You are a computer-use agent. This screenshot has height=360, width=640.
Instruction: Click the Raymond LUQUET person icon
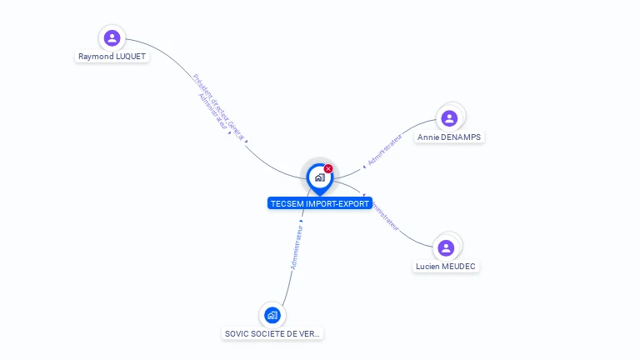tap(112, 37)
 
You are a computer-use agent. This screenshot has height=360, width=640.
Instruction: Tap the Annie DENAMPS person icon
tap(449, 118)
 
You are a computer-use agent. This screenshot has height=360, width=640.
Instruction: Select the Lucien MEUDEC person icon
tap(446, 247)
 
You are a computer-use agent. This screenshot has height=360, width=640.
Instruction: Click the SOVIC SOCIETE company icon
tap(272, 315)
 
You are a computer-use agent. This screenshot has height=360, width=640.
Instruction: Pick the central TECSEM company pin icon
tap(319, 177)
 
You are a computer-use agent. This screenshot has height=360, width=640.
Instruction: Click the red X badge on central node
tap(328, 169)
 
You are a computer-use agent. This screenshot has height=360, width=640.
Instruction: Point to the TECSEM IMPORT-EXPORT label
tap(319, 203)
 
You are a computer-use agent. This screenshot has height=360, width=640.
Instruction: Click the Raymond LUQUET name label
tap(112, 57)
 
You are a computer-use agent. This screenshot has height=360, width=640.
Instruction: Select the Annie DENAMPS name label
tap(449, 137)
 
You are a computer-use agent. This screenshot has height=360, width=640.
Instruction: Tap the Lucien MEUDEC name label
tap(447, 267)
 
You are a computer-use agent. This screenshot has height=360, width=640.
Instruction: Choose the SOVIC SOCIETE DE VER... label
tap(272, 333)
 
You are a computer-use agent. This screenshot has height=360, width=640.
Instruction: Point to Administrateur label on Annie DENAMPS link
tap(384, 148)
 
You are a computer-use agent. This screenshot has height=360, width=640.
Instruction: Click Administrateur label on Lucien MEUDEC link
tap(384, 215)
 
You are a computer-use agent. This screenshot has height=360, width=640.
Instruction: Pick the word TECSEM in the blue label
tap(287, 203)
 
